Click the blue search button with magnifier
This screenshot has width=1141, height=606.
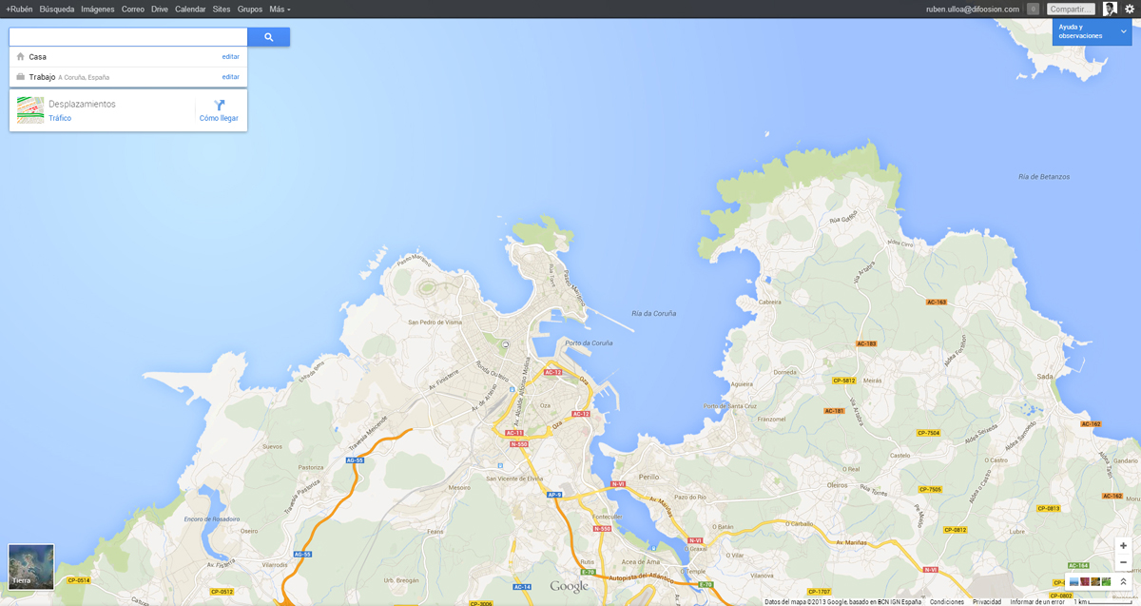(268, 37)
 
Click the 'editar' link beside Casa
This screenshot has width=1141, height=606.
(230, 57)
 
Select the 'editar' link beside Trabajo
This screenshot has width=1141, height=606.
(230, 77)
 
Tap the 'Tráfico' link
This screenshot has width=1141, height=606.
(60, 119)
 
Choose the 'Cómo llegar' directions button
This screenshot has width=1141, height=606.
(219, 111)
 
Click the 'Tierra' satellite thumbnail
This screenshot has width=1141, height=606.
(30, 567)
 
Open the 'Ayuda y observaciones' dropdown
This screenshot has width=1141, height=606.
(1091, 32)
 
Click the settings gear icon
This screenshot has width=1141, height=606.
(1130, 9)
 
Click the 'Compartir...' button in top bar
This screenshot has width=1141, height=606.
(1071, 9)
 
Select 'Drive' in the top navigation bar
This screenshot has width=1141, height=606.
(160, 9)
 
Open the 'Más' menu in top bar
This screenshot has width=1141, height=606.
(280, 9)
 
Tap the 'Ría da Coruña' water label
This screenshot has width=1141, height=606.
(653, 313)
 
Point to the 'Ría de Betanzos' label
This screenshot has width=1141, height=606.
(1043, 177)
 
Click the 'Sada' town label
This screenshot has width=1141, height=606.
(1044, 377)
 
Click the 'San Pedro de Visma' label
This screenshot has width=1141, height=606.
(435, 322)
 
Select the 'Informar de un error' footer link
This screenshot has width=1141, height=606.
(1036, 601)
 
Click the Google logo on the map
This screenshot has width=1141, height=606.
(569, 587)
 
